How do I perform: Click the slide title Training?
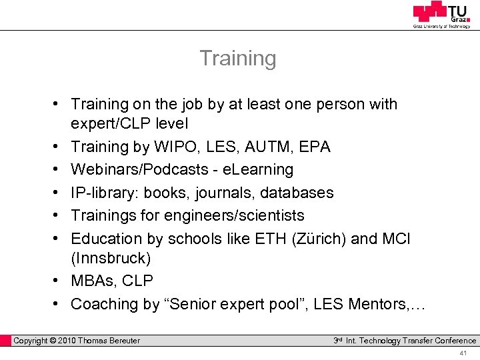coord(238,59)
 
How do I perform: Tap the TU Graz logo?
coord(441,14)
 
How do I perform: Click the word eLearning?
coord(256,170)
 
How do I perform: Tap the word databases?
coord(297,193)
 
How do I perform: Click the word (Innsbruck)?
coord(111,257)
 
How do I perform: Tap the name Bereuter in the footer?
coord(120,341)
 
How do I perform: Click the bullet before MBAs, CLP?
coord(58,281)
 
